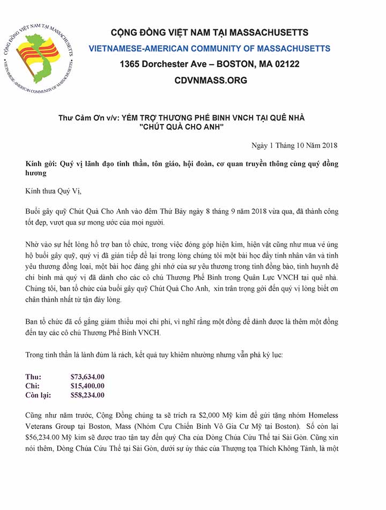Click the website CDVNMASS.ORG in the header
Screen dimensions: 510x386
click(211, 80)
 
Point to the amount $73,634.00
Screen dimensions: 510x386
click(87, 376)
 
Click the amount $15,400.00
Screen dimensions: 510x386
click(87, 386)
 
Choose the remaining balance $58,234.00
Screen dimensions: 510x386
click(87, 395)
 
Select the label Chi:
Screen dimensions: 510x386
click(33, 386)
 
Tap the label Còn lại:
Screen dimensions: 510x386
click(38, 395)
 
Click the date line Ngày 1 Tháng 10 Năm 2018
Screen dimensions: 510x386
click(294, 145)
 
